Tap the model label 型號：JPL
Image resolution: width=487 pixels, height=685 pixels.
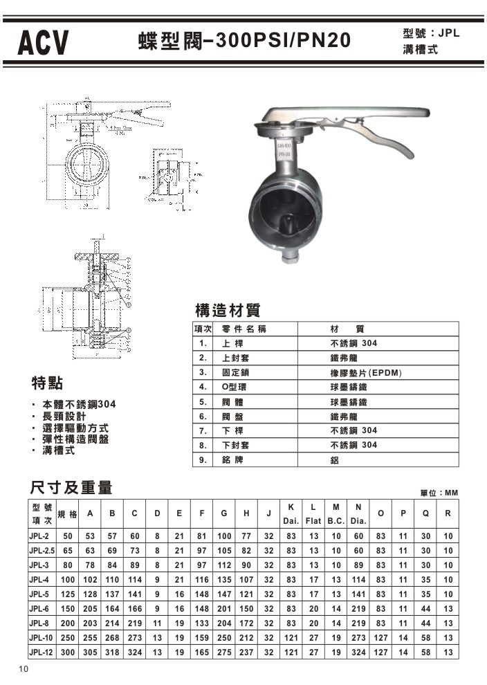coord(430,33)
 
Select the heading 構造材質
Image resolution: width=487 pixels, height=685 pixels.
coord(228,309)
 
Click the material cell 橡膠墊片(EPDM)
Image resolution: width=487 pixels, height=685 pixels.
coord(366,372)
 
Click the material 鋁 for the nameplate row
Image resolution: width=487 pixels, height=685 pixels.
coord(335,459)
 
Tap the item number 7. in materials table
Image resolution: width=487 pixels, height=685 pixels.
coord(203,430)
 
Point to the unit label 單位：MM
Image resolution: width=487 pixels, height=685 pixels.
coord(439,492)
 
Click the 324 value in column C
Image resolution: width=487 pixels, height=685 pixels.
coord(135,652)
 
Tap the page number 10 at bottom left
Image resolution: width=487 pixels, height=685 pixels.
coord(24,668)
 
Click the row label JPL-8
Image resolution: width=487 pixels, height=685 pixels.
coord(39,623)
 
